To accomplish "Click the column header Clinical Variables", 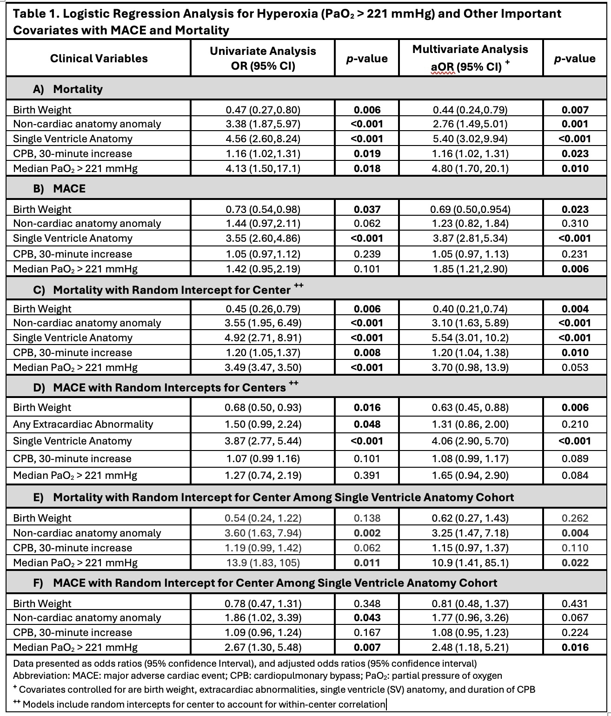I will pos(99,59).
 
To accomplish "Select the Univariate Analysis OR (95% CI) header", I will pos(263,58).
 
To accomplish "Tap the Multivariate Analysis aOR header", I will pos(470,58).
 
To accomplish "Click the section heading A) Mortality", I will pos(68,89).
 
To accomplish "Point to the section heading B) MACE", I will pos(59,188).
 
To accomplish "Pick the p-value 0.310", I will pos(575,224).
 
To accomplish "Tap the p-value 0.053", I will pos(575,367).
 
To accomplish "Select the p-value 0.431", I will pos(575,603).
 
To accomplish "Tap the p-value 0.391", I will pos(367,475).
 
